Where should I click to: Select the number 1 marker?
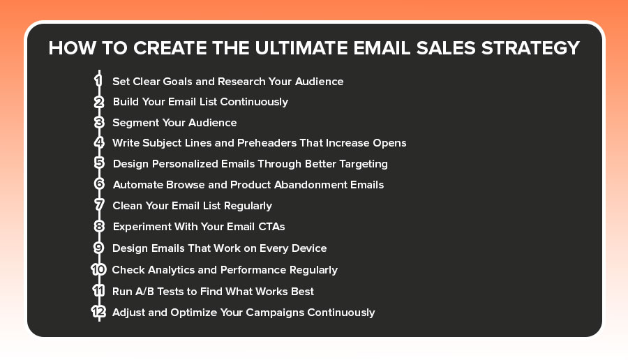point(99,80)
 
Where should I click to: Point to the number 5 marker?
point(99,163)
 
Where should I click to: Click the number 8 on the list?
point(99,226)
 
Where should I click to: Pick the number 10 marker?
point(98,269)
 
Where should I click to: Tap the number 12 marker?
point(98,312)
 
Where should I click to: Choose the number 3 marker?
point(99,122)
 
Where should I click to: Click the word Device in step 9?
point(308,248)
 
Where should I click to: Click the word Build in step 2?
point(126,102)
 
